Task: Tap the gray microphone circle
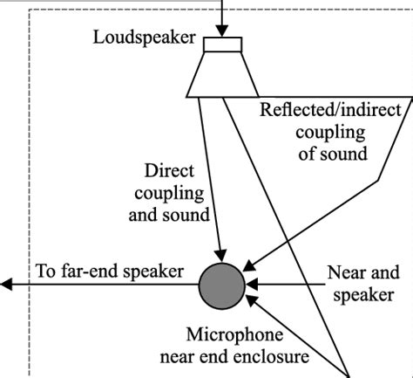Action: click(223, 284)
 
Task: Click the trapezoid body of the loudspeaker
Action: click(223, 73)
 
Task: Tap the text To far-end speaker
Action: click(110, 271)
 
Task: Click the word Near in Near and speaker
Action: click(343, 272)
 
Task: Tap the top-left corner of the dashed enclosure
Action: click(30, 10)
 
